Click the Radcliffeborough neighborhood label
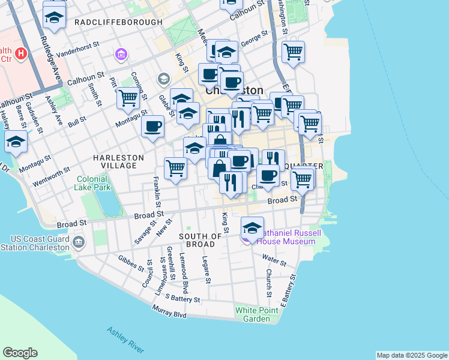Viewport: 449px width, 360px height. (x=118, y=22)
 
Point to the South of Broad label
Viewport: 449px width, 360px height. (x=197, y=240)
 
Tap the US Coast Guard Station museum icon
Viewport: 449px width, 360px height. (x=79, y=242)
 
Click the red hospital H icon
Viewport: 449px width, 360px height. (x=22, y=54)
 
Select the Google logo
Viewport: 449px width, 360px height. (x=20, y=353)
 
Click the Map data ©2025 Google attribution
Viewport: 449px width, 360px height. (x=411, y=355)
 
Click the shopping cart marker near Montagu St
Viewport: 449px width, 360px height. (x=128, y=97)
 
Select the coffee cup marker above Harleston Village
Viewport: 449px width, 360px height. (x=153, y=126)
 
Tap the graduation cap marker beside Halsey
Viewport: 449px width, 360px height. (x=16, y=141)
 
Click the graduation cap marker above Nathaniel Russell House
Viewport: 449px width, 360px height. (x=253, y=227)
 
